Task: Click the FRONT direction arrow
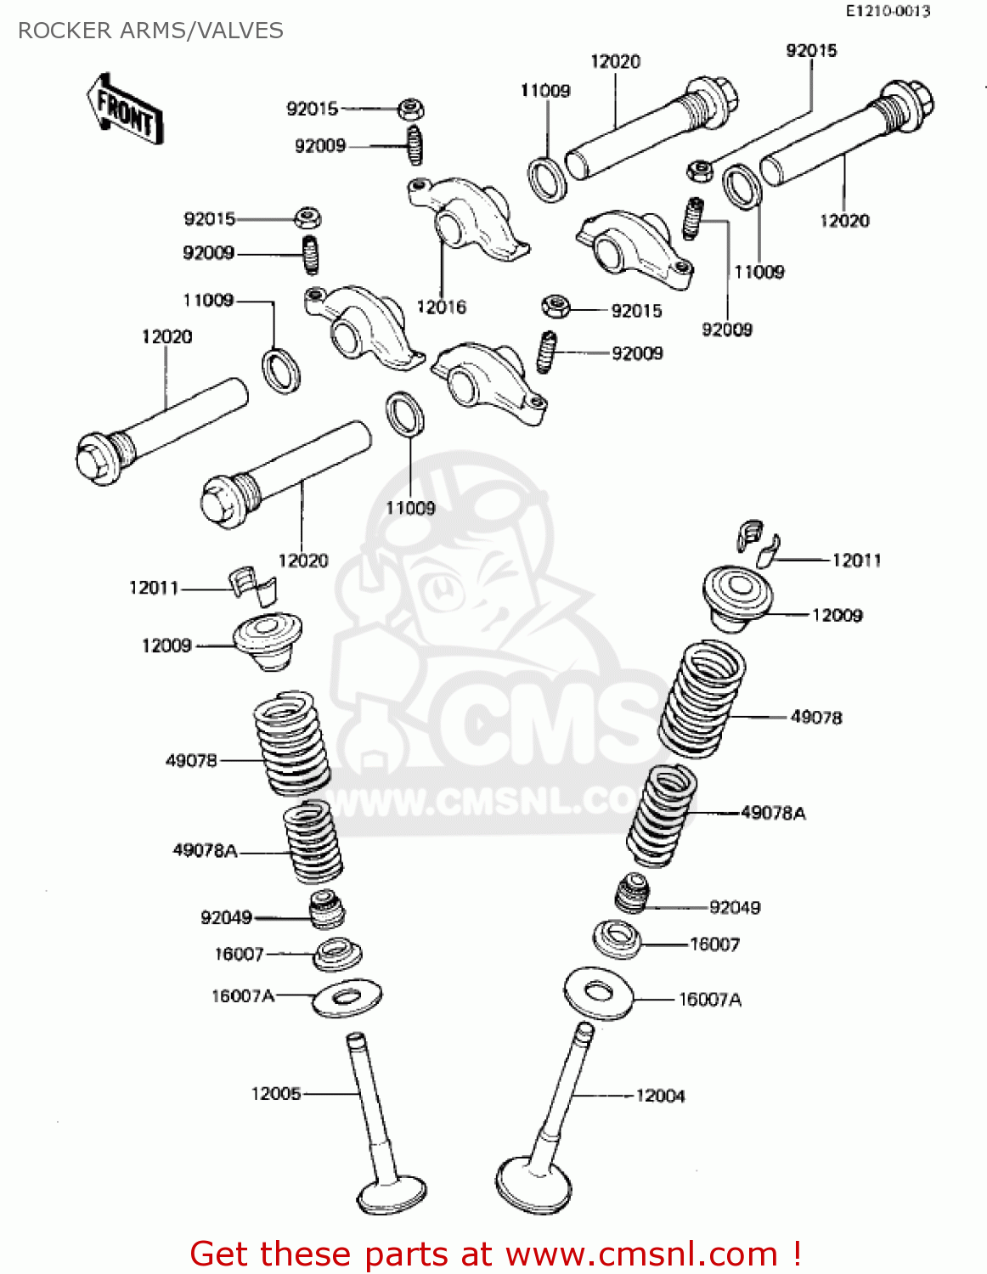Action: click(x=124, y=109)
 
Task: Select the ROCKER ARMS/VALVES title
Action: click(x=150, y=31)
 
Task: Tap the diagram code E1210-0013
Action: click(x=888, y=11)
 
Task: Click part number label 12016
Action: click(x=441, y=307)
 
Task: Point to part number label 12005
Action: click(x=276, y=1093)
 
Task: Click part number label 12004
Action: click(x=660, y=1096)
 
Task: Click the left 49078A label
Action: click(x=205, y=850)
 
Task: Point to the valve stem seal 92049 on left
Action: click(x=326, y=910)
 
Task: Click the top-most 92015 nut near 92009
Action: click(x=411, y=109)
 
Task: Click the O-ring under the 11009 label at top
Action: click(x=548, y=179)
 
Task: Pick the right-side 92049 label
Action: click(x=735, y=907)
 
